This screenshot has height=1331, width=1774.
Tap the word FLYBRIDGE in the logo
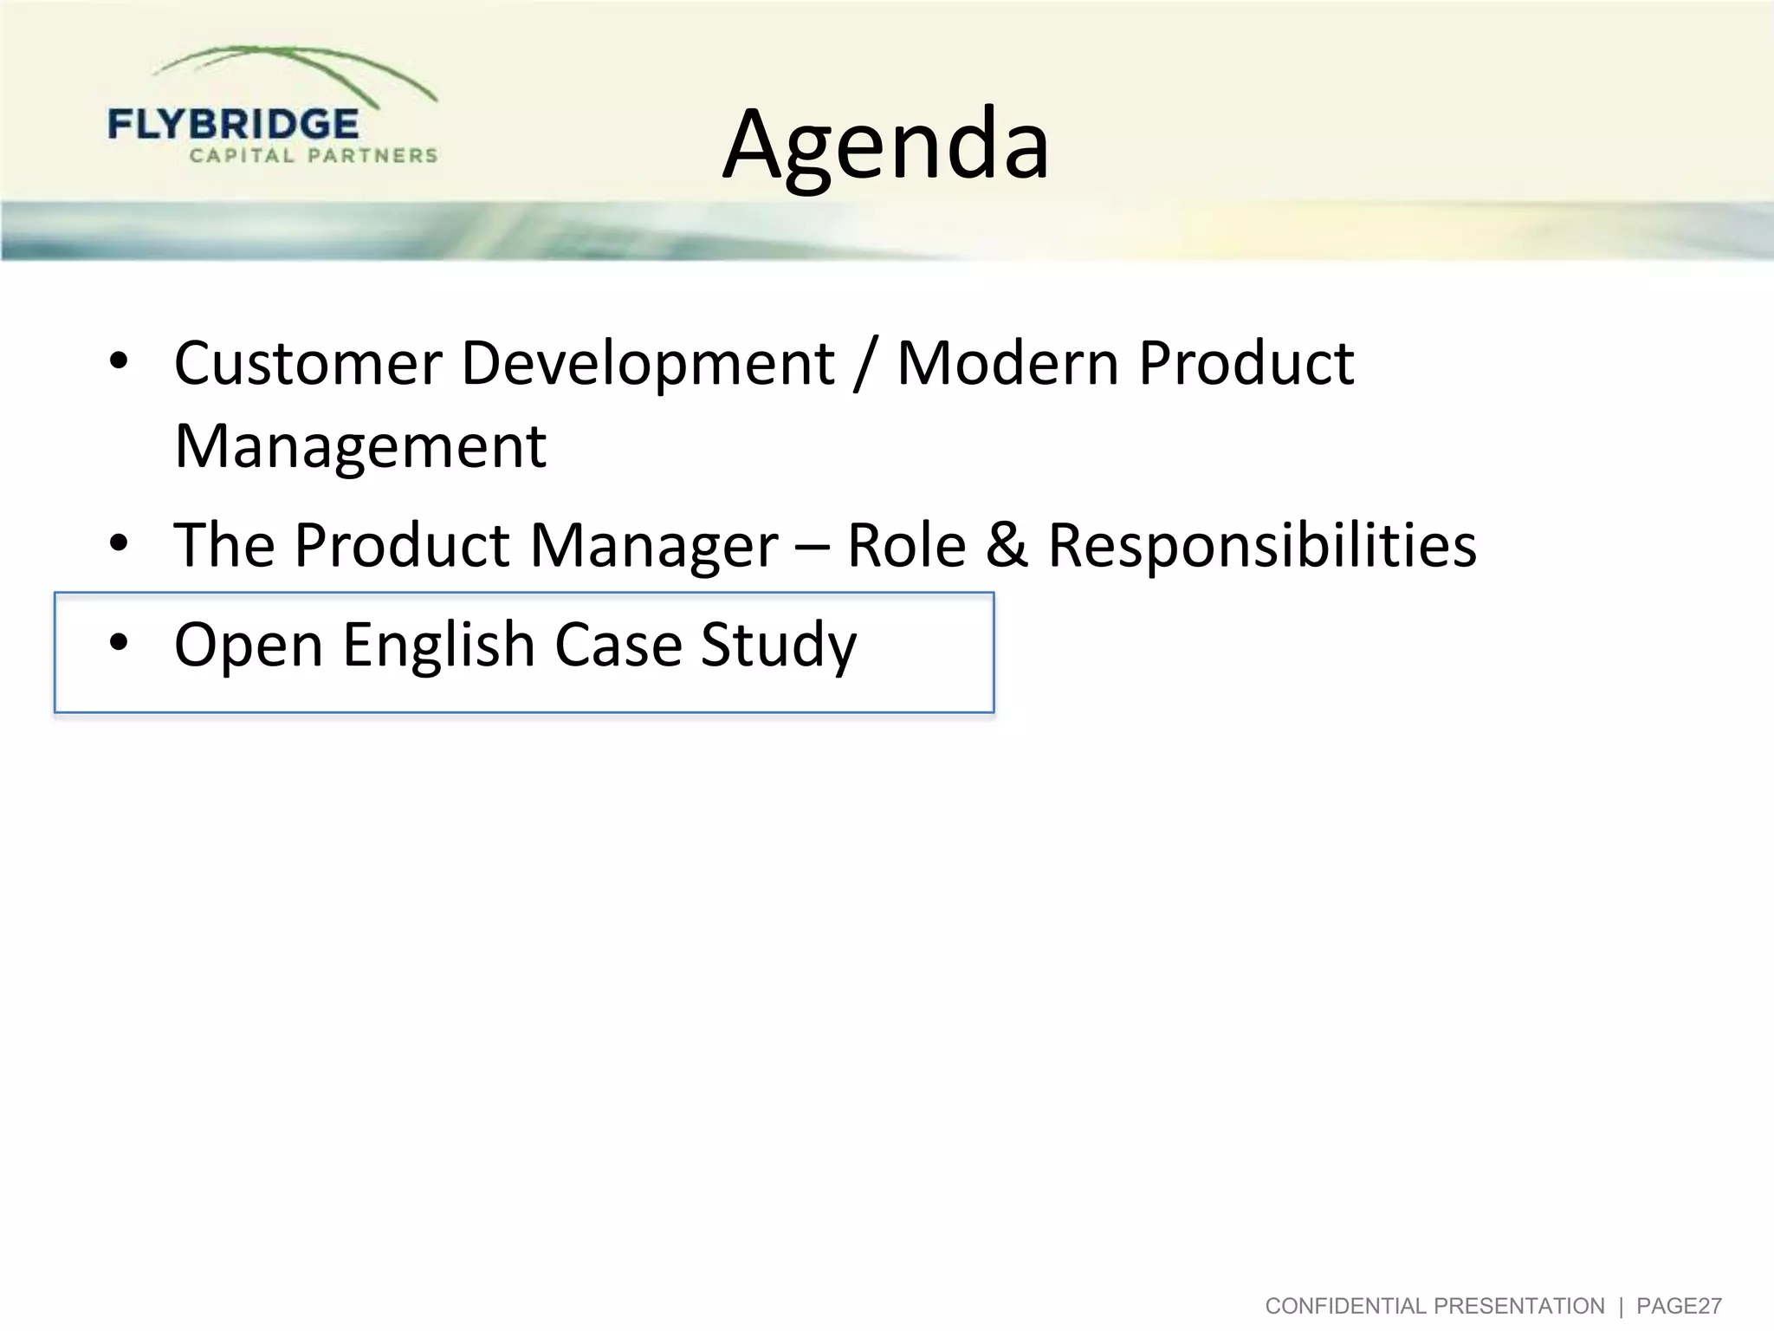pyautogui.click(x=233, y=125)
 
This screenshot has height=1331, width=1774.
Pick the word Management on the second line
pyautogui.click(x=360, y=445)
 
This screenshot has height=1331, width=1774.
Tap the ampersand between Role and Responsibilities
pyautogui.click(x=1006, y=546)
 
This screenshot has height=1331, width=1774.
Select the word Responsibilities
pyautogui.click(x=1262, y=546)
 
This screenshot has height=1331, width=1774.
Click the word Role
pyautogui.click(x=906, y=546)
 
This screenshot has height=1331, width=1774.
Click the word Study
pyautogui.click(x=778, y=646)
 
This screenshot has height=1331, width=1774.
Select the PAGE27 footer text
pyautogui.click(x=1679, y=1306)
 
